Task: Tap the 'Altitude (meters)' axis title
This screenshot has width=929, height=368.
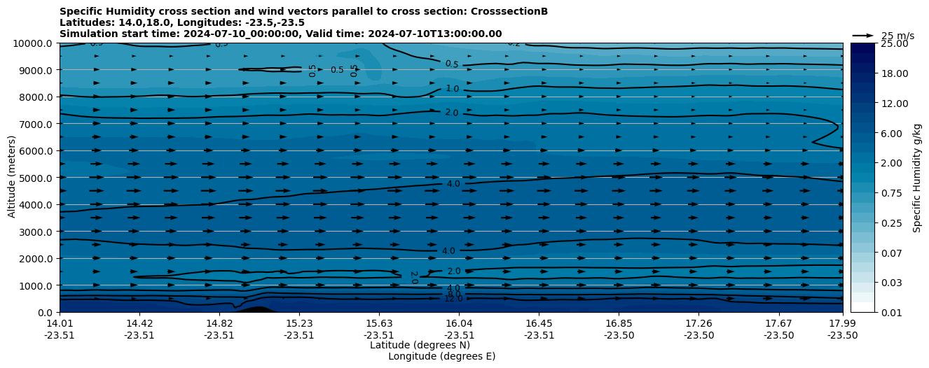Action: (x=11, y=178)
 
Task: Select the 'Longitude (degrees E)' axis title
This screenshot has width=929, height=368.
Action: (x=441, y=356)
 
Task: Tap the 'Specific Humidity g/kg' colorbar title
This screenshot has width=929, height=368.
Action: (x=917, y=178)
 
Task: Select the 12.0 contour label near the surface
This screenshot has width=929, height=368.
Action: (x=453, y=299)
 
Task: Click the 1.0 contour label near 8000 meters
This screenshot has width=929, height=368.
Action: (x=452, y=89)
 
